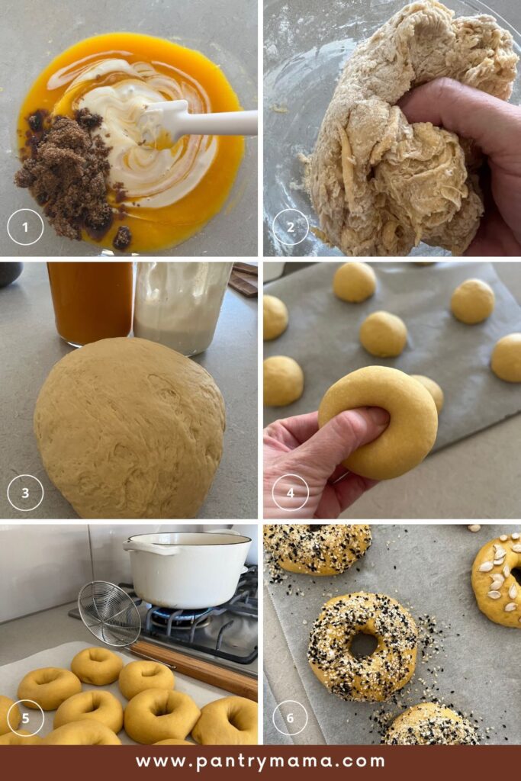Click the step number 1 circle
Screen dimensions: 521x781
(25, 227)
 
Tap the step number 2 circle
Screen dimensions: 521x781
(291, 227)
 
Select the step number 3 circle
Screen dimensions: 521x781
(25, 493)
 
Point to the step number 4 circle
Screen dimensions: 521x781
(291, 493)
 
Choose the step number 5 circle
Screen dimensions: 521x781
(25, 718)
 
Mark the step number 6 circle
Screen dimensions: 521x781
(291, 718)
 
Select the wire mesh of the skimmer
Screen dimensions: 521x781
(110, 614)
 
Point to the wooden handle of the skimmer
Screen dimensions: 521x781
(195, 668)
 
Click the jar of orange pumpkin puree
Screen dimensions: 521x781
(91, 303)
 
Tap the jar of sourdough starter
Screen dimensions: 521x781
(182, 307)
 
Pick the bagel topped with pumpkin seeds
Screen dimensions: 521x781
(497, 580)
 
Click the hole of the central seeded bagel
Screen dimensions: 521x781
(364, 645)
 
